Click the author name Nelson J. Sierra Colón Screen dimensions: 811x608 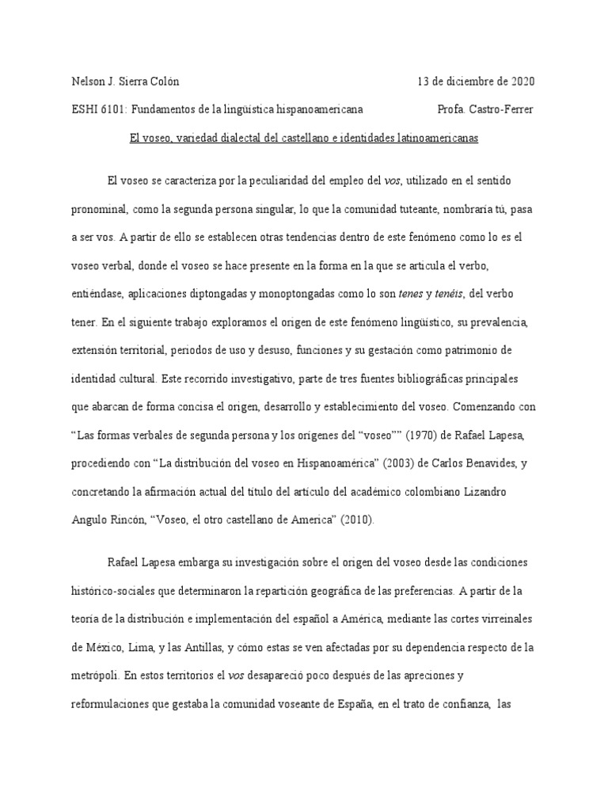tap(126, 82)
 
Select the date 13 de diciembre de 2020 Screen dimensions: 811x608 tap(476, 82)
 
